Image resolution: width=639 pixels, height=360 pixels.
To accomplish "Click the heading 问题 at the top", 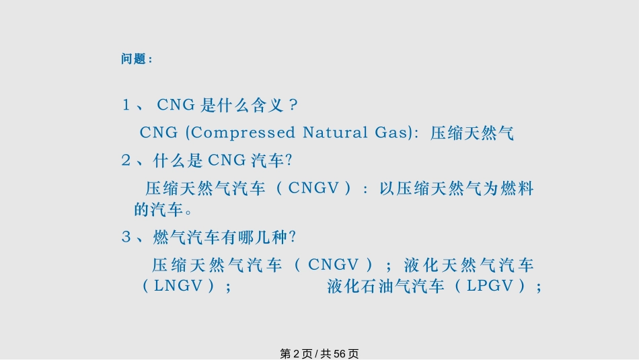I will (133, 59).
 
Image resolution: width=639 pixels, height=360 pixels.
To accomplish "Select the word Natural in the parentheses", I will (333, 133).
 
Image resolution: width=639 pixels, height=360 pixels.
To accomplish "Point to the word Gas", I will (390, 133).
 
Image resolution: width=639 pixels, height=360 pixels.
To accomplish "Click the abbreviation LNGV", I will (178, 286).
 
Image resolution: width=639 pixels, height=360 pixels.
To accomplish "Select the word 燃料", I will (518, 188).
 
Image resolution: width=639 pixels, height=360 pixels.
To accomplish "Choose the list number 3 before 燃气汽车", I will (126, 237).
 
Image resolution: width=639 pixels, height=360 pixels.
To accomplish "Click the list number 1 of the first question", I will (126, 105).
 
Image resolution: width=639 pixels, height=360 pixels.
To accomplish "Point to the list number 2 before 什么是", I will (126, 160).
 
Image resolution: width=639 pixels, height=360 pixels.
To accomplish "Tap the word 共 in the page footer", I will (326, 353).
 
